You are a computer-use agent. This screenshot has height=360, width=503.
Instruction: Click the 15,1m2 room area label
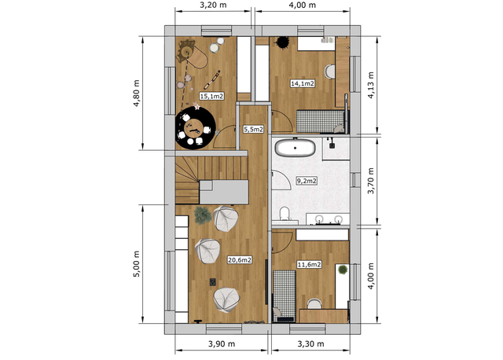(x=211, y=96)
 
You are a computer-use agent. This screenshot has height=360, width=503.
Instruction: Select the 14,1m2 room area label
(x=302, y=83)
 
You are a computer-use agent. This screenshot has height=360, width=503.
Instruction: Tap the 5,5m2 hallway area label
(x=253, y=130)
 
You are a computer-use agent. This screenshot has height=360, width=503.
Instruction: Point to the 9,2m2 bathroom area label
(x=307, y=181)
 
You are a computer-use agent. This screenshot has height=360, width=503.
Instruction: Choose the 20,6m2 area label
(x=240, y=260)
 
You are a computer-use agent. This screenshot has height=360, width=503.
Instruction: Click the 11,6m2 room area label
(x=309, y=265)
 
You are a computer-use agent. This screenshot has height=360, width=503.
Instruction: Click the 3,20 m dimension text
(x=213, y=6)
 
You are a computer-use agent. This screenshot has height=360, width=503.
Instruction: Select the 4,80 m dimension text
(x=137, y=93)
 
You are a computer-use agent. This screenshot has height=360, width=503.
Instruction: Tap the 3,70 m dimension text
(x=371, y=181)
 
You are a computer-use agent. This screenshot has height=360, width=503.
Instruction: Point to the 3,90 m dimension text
(x=222, y=344)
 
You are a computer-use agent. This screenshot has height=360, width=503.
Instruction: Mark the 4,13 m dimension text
(x=371, y=85)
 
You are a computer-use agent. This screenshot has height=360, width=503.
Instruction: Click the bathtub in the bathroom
(x=296, y=148)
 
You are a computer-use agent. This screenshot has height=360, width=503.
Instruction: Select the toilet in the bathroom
(x=285, y=214)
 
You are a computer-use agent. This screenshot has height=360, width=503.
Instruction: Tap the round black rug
(x=195, y=128)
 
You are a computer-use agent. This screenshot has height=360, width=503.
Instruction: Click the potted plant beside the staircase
(x=203, y=215)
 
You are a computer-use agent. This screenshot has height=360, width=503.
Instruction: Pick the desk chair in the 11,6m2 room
(x=314, y=303)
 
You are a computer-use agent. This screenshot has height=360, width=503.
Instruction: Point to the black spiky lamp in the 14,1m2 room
(x=283, y=42)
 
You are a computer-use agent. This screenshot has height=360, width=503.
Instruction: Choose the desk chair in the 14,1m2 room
(x=330, y=72)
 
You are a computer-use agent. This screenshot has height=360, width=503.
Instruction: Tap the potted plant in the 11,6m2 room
(x=343, y=270)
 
